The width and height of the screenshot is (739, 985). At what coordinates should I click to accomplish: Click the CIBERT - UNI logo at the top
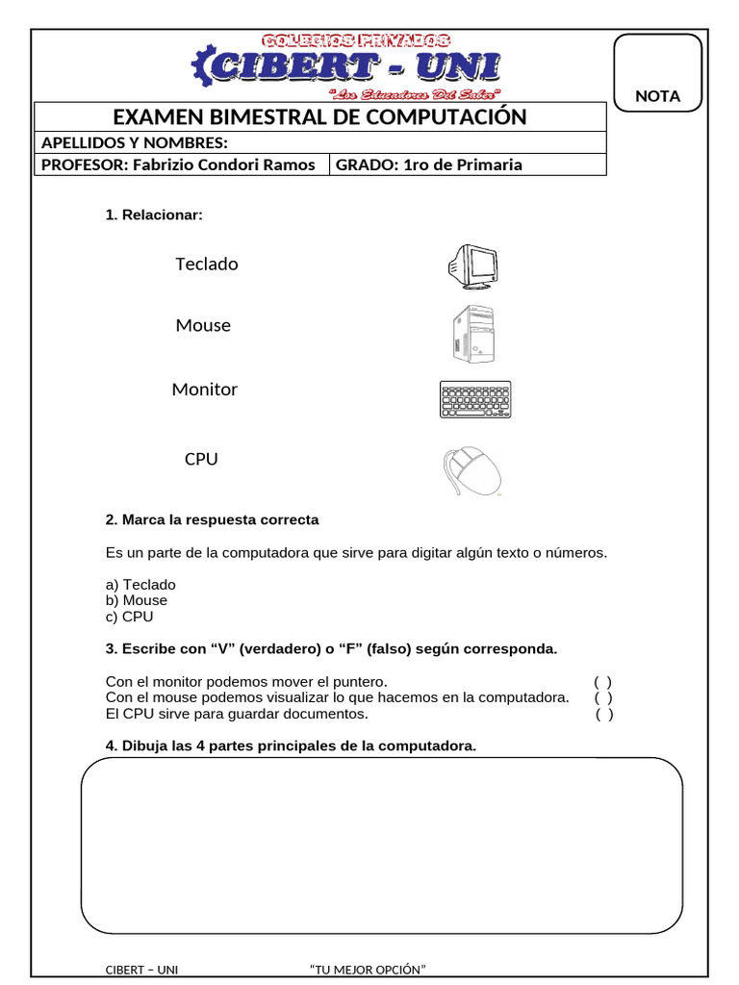pos(346,64)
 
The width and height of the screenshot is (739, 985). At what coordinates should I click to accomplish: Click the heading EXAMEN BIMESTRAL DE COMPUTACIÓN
pos(320,117)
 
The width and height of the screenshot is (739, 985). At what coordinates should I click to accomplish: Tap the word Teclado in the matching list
pos(207,264)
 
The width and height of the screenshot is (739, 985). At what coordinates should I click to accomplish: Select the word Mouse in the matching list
pos(203,325)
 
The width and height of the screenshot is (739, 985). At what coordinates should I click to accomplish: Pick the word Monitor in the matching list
pos(204,390)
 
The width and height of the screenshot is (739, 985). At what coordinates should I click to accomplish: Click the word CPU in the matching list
pos(201,460)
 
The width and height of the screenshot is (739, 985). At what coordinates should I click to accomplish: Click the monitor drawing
pos(473,265)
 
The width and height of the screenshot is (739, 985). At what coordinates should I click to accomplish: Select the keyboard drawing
pos(475,399)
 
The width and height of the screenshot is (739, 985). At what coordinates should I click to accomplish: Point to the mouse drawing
pos(472,471)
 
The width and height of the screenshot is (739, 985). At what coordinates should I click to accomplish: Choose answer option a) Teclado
pos(140,584)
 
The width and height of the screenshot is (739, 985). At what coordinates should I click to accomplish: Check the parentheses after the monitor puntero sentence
pos(602,681)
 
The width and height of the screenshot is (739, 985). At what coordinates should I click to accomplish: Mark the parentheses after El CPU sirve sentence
pos(603,714)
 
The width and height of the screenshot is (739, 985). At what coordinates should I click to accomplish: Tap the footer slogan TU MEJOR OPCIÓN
pos(368,970)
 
